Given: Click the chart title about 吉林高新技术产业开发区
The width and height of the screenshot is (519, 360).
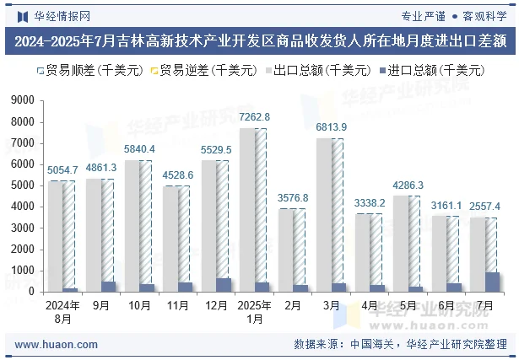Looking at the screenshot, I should [x=259, y=40].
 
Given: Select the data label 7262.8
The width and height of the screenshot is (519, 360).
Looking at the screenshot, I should [x=254, y=116].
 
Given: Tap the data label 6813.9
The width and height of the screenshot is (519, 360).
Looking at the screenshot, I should [x=331, y=127].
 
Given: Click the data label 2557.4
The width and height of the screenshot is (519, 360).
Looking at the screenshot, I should [x=484, y=207].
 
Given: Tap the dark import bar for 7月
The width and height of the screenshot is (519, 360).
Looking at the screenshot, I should [x=492, y=282].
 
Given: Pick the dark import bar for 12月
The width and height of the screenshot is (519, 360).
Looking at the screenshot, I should [x=224, y=285].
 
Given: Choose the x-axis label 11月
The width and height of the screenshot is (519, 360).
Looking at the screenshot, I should [x=177, y=306].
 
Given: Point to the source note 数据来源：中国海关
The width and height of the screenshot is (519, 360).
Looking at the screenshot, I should [x=346, y=345].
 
